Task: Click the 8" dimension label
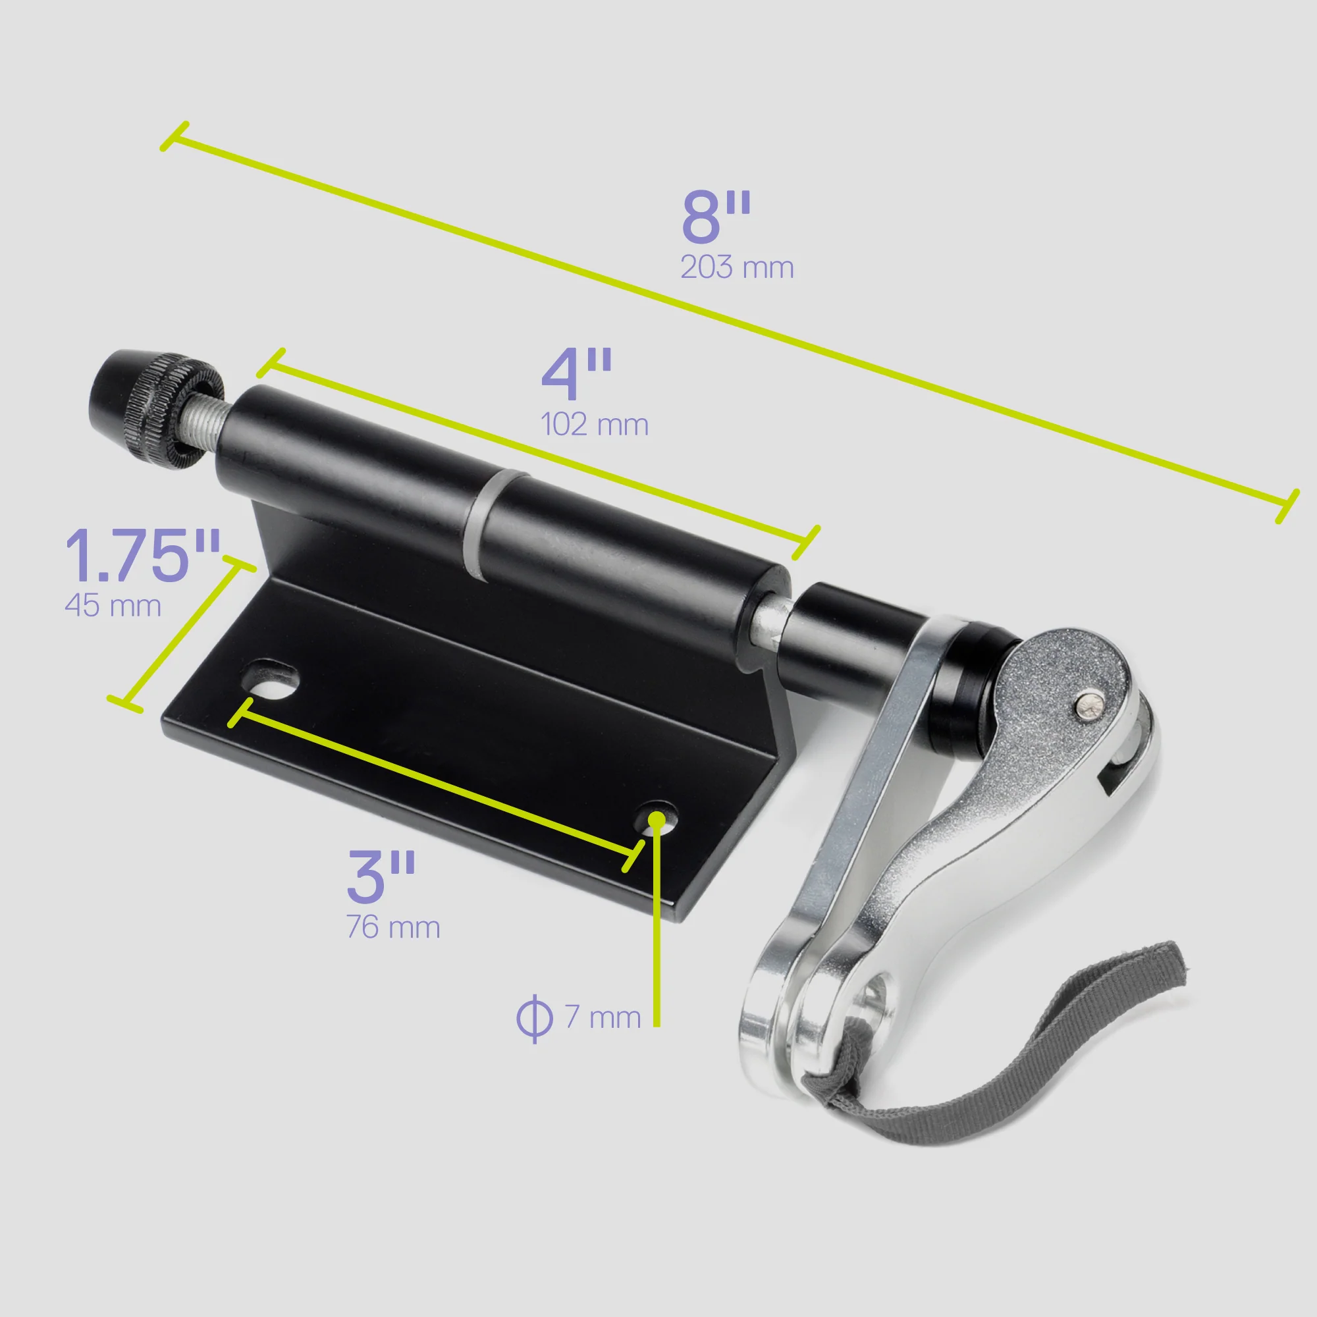click(x=715, y=217)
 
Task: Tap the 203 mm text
click(x=737, y=267)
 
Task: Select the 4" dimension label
click(x=577, y=374)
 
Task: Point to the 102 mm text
click(x=595, y=425)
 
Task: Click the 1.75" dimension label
click(x=142, y=556)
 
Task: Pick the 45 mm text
click(x=113, y=606)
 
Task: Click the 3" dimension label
click(x=381, y=876)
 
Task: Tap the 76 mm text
click(x=393, y=928)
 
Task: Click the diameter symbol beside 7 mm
click(x=534, y=1019)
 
